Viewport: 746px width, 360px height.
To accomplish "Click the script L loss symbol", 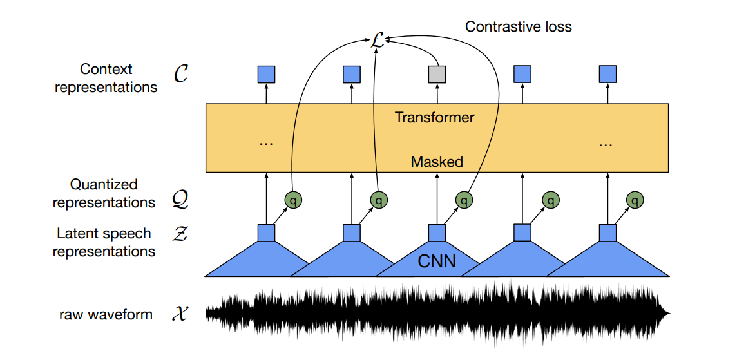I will [x=378, y=41].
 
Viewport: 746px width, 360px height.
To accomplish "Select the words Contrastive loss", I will [x=518, y=26].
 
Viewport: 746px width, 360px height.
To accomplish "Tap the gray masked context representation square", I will [x=437, y=75].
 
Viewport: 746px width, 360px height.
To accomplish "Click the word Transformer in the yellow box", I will [x=434, y=118].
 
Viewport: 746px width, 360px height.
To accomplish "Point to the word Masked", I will [x=437, y=162].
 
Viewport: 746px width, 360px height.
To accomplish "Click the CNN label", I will [x=437, y=261].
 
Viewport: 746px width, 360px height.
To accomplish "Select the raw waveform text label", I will [x=106, y=315].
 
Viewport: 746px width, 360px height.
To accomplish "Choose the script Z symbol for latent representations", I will [x=181, y=233].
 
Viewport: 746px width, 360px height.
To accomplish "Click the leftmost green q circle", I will [x=293, y=200].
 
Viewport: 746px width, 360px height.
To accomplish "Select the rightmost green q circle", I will [x=636, y=200].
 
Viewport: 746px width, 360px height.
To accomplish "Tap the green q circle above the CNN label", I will [x=464, y=200].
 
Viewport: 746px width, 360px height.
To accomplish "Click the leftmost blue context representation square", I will [x=266, y=75].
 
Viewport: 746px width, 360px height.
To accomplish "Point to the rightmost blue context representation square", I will [x=607, y=75].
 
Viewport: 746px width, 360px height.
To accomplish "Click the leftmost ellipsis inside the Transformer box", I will [x=265, y=143].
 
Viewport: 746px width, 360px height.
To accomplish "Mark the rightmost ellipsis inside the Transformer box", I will [x=605, y=143].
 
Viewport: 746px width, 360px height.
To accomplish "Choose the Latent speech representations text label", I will [x=104, y=242].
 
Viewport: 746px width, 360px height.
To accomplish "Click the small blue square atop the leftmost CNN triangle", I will [x=266, y=232].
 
